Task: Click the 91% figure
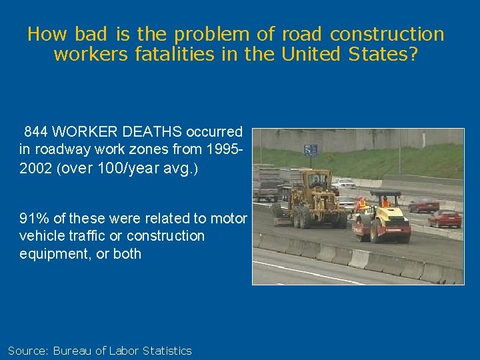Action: pyautogui.click(x=33, y=219)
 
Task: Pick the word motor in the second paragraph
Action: pyautogui.click(x=229, y=219)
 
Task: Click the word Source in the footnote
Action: pyautogui.click(x=27, y=351)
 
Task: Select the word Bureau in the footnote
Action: pyautogui.click(x=73, y=351)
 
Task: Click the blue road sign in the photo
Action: pyautogui.click(x=311, y=150)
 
